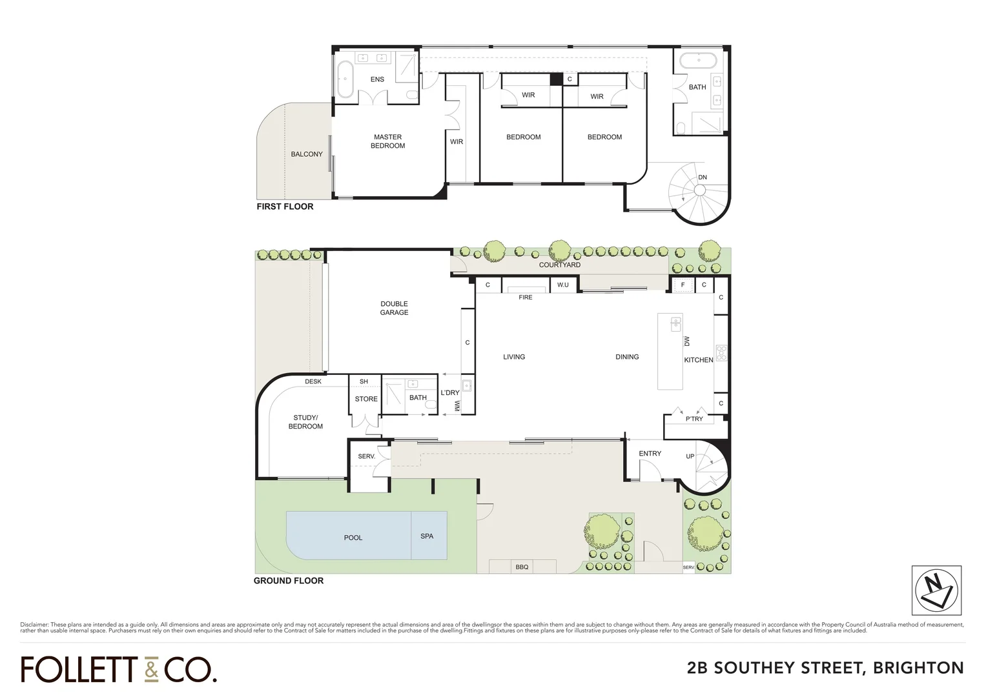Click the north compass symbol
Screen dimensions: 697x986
[x=936, y=590]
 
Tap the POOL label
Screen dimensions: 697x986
[x=353, y=538]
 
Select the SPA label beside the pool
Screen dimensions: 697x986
[x=427, y=536]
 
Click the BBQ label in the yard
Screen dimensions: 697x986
[x=522, y=567]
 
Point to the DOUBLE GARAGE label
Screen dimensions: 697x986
[x=394, y=308]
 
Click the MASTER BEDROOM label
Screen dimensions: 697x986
[x=388, y=141]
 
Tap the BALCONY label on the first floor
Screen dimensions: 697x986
[x=307, y=154]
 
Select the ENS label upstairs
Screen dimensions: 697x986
[x=377, y=79]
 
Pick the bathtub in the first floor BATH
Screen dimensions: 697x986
[x=698, y=61]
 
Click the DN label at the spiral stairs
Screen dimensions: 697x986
[x=703, y=177]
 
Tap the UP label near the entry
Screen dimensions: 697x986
[x=690, y=456]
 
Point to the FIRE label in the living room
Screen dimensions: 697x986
[x=526, y=298]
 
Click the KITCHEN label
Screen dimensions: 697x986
[x=699, y=360]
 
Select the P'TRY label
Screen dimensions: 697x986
[x=694, y=419]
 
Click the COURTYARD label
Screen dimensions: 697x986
[x=560, y=265]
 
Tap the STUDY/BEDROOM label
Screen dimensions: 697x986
[x=305, y=422]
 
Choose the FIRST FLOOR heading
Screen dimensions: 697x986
[x=285, y=207]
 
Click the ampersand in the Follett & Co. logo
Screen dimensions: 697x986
[x=150, y=670]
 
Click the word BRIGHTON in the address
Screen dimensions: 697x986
[x=918, y=668]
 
